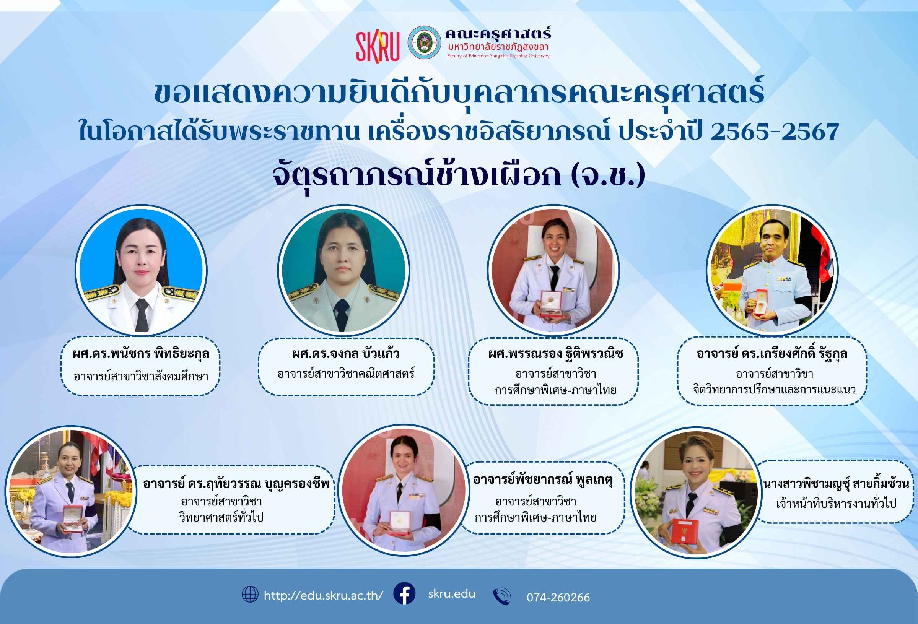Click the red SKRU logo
[x=378, y=47]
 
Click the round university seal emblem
[x=424, y=43]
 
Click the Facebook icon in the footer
[x=404, y=593]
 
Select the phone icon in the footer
[x=502, y=596]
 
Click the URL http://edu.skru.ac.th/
[x=324, y=596]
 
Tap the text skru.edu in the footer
[x=452, y=594]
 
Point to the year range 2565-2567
[x=775, y=132]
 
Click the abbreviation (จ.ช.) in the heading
[x=608, y=175]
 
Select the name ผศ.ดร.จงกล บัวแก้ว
[x=346, y=353]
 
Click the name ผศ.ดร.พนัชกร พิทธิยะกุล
[x=141, y=354]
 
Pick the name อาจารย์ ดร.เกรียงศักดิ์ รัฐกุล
[x=772, y=353]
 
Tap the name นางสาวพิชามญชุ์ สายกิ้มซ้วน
[x=836, y=483]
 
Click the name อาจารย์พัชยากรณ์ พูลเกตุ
[x=543, y=480]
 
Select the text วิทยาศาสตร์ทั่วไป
[x=221, y=517]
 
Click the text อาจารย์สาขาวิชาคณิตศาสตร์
[x=346, y=374]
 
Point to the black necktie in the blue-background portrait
[x=142, y=314]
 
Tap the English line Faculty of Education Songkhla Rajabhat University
[x=498, y=56]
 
